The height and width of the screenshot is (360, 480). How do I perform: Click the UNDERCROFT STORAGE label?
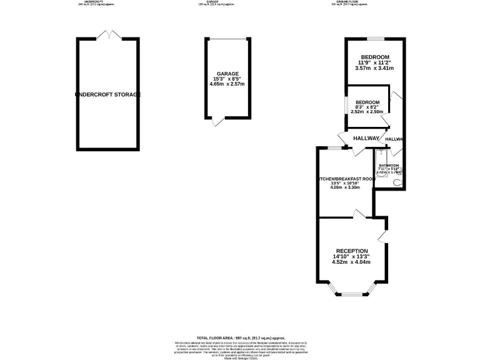point(107,94)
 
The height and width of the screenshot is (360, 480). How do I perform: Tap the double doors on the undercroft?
point(107,34)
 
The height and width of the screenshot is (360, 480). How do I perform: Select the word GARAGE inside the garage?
point(227,73)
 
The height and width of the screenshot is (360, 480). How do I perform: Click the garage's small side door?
point(216,122)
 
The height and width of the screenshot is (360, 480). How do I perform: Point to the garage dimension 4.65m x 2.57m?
point(227,84)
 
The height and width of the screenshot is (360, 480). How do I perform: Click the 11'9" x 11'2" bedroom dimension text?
point(375,63)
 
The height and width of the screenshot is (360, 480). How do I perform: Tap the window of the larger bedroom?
point(375,39)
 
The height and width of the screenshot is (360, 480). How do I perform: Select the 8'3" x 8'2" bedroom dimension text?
point(367,107)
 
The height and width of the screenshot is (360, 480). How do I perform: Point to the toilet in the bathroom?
point(399,182)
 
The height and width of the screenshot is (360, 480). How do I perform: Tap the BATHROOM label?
point(387,166)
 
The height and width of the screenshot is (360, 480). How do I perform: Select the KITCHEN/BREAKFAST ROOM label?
point(347,179)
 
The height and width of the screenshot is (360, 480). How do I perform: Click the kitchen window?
point(335,148)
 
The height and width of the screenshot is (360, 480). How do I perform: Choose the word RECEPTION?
point(351,251)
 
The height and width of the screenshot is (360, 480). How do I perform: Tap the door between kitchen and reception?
point(360,214)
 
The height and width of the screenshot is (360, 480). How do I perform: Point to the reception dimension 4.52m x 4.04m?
point(351,262)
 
